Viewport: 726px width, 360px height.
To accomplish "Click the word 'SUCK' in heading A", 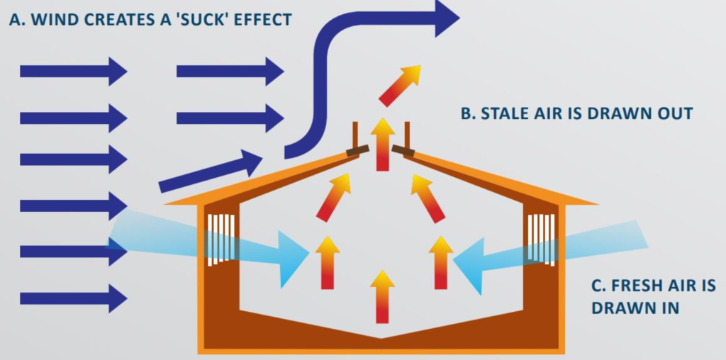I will tap(211, 19).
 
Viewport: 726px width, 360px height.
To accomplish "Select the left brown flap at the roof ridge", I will tap(357, 150).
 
